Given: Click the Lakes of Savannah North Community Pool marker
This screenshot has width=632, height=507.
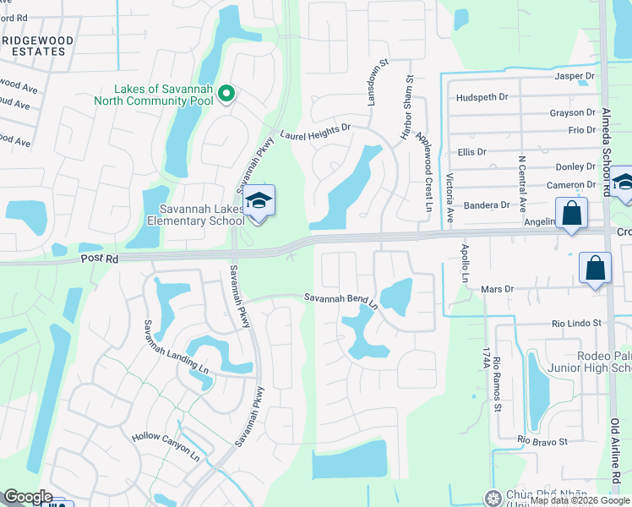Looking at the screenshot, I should click(226, 94).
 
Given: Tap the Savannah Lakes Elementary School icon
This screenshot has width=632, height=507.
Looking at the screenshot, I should click(260, 200).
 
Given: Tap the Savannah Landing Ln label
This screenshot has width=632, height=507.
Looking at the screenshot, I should click(175, 346).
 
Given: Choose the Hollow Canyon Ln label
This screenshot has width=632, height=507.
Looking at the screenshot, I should click(166, 447).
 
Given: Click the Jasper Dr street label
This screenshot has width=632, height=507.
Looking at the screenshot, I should click(575, 76).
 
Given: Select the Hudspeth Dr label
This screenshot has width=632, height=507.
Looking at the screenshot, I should click(482, 97).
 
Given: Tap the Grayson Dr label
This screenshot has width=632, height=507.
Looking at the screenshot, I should click(572, 112).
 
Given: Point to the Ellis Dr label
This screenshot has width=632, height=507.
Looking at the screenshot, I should click(471, 152).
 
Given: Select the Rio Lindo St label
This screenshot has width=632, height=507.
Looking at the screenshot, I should click(575, 323).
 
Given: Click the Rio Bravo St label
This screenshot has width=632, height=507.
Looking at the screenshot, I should click(542, 440).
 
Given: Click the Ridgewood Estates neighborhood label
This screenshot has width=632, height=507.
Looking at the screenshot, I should click(37, 46).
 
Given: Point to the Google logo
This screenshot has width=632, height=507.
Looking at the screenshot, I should click(27, 497).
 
